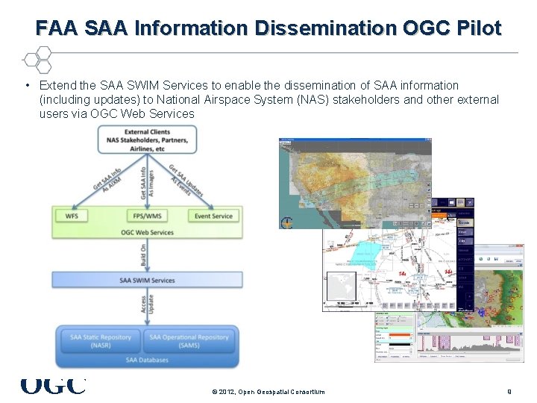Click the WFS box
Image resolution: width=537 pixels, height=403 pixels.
click(72, 216)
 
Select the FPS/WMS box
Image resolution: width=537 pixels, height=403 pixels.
click(147, 216)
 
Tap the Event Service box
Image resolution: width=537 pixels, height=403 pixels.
click(213, 216)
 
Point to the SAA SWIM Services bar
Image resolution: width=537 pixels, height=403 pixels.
click(147, 281)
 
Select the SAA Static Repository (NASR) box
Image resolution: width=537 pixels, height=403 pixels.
click(101, 341)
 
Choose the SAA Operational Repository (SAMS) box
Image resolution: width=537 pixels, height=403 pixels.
click(189, 341)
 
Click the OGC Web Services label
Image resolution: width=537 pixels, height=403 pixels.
click(147, 232)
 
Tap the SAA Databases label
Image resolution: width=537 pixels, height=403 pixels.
click(147, 360)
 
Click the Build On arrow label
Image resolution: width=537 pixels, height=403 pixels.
click(143, 255)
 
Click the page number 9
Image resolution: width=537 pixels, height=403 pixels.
click(509, 391)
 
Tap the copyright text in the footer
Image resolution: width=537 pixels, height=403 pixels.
click(268, 391)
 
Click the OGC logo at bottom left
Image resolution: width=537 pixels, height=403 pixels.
click(53, 386)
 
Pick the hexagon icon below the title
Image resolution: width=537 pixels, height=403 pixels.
click(36, 59)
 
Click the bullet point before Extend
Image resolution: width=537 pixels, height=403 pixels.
click(26, 86)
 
